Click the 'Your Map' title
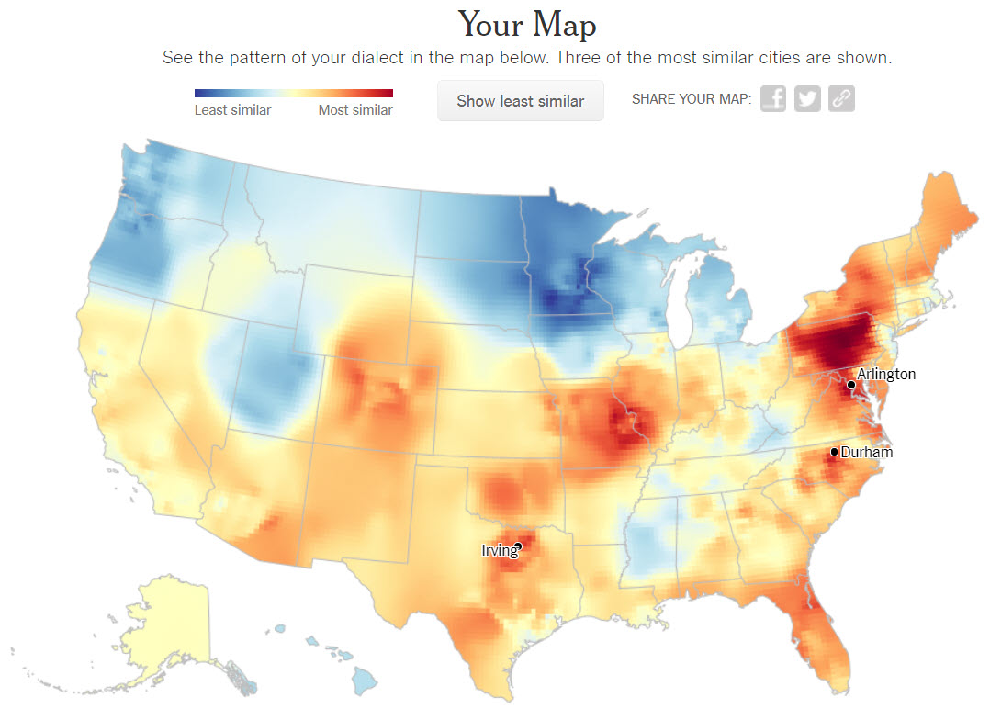(526, 24)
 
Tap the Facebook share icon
(773, 98)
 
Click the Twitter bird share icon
(807, 98)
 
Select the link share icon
(841, 98)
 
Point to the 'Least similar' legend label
(232, 110)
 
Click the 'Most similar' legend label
(355, 110)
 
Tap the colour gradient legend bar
(293, 93)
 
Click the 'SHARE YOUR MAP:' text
(691, 99)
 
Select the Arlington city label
(886, 374)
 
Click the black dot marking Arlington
(851, 384)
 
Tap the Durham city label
(866, 452)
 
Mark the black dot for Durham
(834, 452)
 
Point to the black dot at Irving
(518, 546)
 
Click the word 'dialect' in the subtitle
(449, 58)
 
